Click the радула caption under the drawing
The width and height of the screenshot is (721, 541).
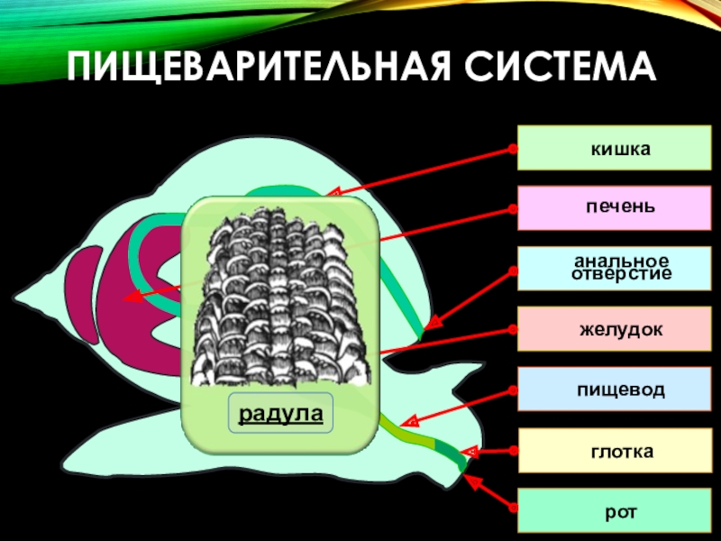click(279, 414)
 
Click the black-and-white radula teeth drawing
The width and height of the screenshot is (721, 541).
click(279, 298)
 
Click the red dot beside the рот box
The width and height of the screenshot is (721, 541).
click(513, 511)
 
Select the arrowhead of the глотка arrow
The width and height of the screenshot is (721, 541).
click(467, 450)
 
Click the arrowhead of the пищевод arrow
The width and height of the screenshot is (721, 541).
click(406, 421)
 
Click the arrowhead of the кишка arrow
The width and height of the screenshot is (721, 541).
click(331, 192)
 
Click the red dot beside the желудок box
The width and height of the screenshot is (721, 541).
click(513, 329)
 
